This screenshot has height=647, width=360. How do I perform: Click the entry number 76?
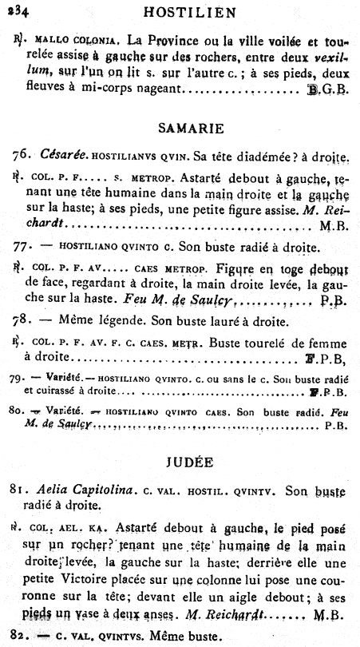(x=20, y=153)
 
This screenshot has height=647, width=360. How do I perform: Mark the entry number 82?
(x=20, y=637)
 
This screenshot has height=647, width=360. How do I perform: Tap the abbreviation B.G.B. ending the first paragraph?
(x=329, y=92)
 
